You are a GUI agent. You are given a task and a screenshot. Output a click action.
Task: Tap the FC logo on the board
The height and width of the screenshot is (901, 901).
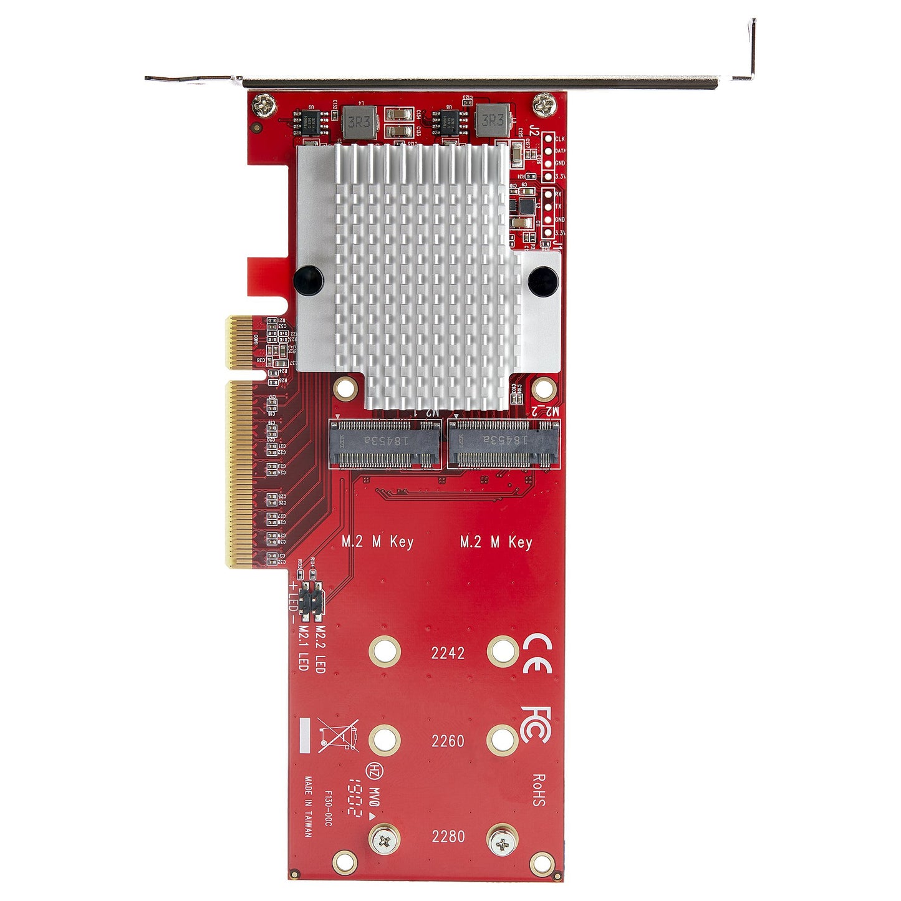[534, 725]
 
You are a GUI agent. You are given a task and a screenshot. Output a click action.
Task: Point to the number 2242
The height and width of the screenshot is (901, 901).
[448, 653]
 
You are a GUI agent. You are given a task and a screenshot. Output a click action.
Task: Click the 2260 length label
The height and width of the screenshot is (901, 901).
[448, 741]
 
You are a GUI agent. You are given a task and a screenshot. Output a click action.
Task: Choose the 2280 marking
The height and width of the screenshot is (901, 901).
[448, 836]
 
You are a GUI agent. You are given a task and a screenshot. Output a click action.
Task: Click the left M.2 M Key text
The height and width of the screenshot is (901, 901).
[377, 541]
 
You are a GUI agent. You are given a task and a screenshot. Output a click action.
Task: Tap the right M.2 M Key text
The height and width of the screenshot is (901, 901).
[496, 541]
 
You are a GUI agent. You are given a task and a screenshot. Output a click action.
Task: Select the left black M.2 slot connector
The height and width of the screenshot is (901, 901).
[384, 444]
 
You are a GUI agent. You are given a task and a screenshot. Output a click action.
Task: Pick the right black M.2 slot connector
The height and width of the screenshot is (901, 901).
[503, 444]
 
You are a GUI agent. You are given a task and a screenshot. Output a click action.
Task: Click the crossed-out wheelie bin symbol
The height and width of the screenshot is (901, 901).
[338, 734]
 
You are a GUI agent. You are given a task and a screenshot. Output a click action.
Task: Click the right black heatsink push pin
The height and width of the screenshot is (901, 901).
[542, 281]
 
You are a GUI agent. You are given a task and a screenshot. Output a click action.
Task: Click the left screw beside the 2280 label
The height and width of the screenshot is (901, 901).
[384, 842]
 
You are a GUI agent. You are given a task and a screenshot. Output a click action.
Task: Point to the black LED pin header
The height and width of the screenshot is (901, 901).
[311, 602]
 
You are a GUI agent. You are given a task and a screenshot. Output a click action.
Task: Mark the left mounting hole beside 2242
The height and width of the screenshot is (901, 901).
[384, 652]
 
